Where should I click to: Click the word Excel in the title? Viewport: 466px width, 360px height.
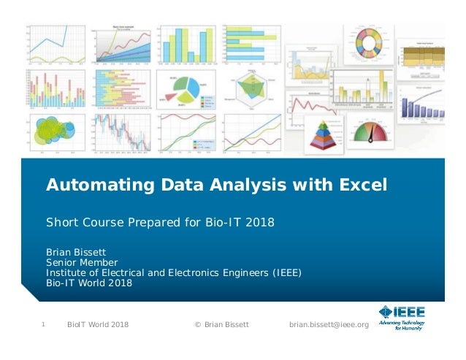tap(362, 185)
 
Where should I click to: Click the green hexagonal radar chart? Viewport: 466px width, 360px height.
tap(249, 86)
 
